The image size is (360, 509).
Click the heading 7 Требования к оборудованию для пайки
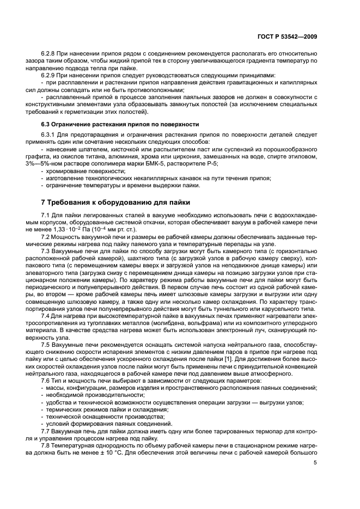112,203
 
